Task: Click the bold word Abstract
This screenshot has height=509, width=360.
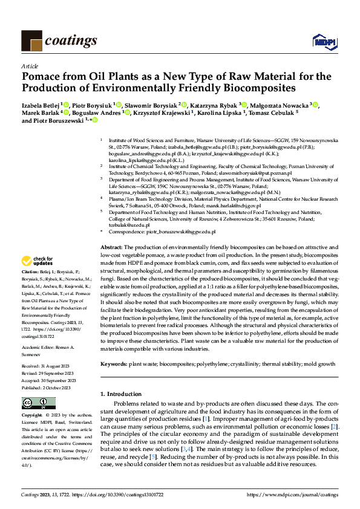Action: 111,248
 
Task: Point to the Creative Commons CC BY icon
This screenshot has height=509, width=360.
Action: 39,403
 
